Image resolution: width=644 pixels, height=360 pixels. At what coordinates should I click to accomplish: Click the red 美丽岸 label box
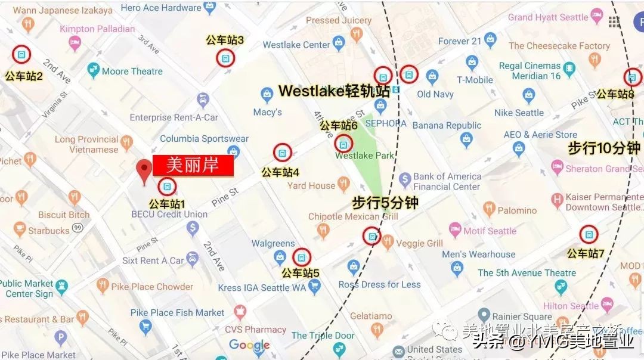[x=193, y=166]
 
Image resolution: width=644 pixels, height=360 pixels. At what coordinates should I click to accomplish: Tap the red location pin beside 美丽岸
[x=144, y=172]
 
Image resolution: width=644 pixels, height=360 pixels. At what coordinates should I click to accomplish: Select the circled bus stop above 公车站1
[x=168, y=187]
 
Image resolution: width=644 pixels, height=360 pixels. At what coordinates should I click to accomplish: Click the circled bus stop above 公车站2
[x=21, y=55]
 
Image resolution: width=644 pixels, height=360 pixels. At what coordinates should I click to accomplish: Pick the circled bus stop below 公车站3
[x=225, y=58]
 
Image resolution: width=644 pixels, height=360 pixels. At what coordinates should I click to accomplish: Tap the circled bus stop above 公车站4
[x=283, y=153]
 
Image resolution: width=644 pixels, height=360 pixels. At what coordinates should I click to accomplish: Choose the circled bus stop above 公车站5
[x=302, y=257]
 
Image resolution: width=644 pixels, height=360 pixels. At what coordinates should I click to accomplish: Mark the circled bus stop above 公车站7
[x=589, y=234]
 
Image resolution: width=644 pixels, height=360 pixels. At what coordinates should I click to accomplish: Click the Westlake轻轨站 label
[x=334, y=91]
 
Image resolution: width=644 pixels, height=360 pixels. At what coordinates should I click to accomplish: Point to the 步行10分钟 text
[x=603, y=148]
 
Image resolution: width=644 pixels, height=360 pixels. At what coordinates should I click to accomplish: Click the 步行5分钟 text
[x=385, y=203]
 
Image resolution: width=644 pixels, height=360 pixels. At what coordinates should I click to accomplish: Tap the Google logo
[x=249, y=345]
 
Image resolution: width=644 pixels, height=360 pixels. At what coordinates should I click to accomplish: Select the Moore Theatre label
[x=132, y=72]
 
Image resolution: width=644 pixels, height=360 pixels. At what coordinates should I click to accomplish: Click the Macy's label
[x=268, y=112]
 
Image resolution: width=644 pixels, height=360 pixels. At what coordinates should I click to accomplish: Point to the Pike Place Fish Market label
[x=178, y=312]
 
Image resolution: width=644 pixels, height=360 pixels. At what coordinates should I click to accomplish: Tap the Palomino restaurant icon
[x=489, y=209]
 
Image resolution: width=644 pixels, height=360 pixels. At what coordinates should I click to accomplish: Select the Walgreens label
[x=273, y=243]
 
